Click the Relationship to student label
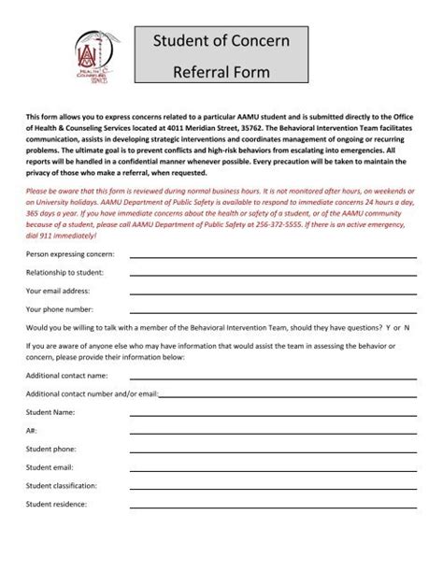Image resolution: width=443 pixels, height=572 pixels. coord(64,272)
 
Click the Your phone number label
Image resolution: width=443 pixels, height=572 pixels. coord(60,307)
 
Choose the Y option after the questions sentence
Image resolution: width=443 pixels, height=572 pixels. coord(388,329)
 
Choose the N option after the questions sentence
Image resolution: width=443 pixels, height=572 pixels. coord(407,329)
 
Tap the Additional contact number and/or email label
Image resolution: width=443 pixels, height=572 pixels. coord(92,393)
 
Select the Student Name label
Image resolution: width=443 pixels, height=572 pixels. coord(50,411)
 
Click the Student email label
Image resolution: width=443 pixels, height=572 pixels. coord(52,467)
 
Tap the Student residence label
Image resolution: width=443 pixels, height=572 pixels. coord(57,504)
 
